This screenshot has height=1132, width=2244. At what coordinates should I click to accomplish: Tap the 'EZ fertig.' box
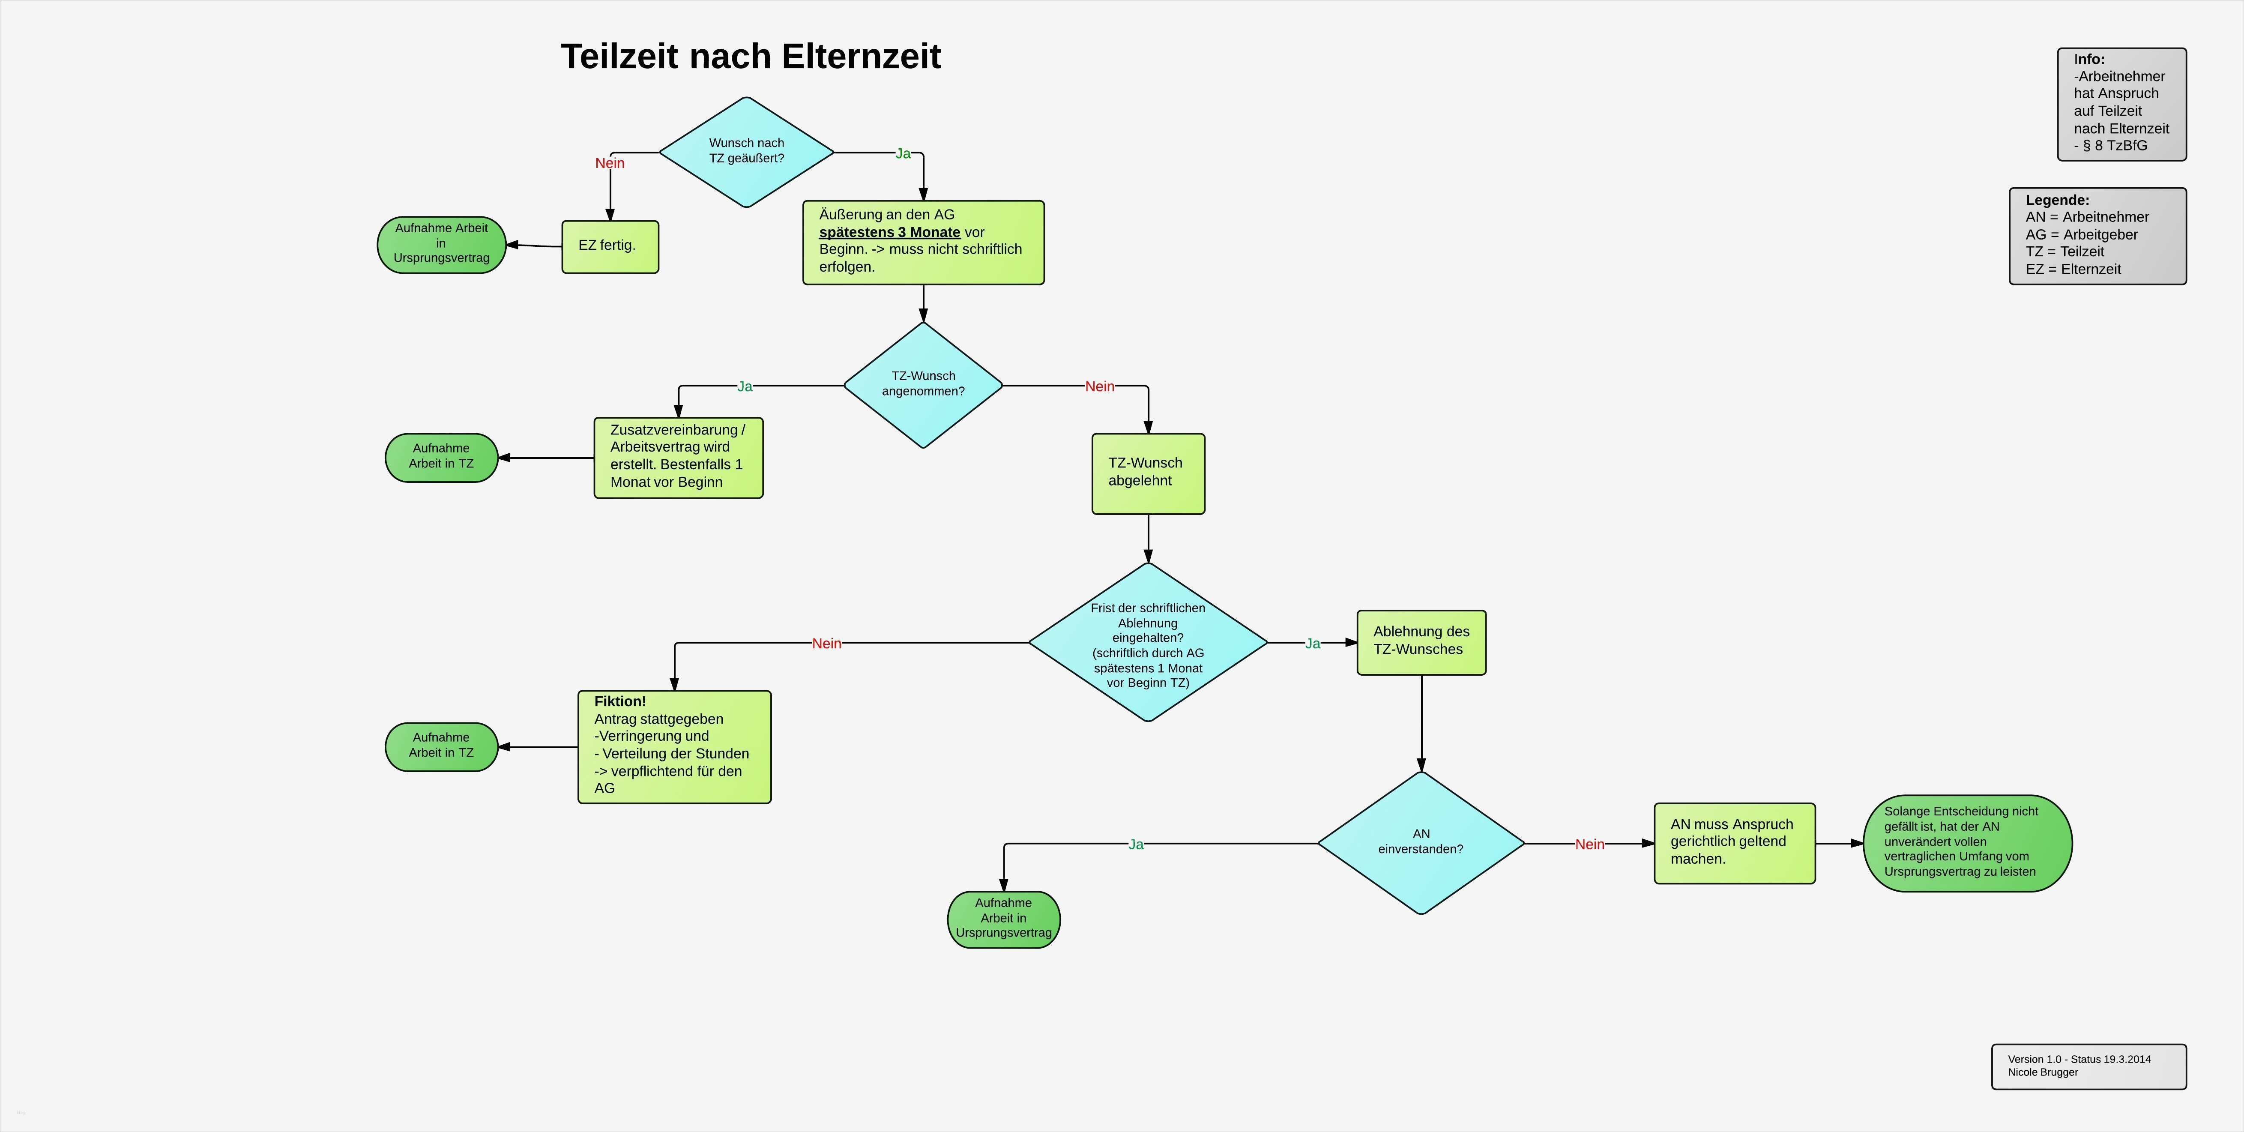pos(610,247)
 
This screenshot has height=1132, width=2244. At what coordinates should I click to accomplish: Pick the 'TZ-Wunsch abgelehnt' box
pos(1148,473)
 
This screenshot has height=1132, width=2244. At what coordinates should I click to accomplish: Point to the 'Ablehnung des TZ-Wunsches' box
pos(1421,642)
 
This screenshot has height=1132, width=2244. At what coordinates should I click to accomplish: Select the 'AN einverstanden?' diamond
pos(1421,843)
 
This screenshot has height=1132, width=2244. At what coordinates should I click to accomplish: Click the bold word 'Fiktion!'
pos(620,701)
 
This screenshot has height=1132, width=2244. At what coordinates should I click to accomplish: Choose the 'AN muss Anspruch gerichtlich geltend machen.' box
pos(1734,843)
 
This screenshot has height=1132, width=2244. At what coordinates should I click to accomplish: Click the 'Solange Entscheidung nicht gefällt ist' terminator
pos(1967,843)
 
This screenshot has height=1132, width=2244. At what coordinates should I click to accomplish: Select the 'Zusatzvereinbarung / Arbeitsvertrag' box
pos(678,458)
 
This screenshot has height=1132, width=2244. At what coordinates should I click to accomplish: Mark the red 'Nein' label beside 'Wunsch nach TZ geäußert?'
pos(610,163)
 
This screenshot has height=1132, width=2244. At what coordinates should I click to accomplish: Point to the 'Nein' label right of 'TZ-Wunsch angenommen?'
pos(1099,386)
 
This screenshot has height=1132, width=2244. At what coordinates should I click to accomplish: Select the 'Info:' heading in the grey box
pos(2089,59)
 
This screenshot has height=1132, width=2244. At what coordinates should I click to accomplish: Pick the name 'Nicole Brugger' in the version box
pos(2043,1072)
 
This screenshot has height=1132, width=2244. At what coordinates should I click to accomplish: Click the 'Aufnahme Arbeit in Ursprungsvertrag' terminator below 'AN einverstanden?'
pos(1003,919)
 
